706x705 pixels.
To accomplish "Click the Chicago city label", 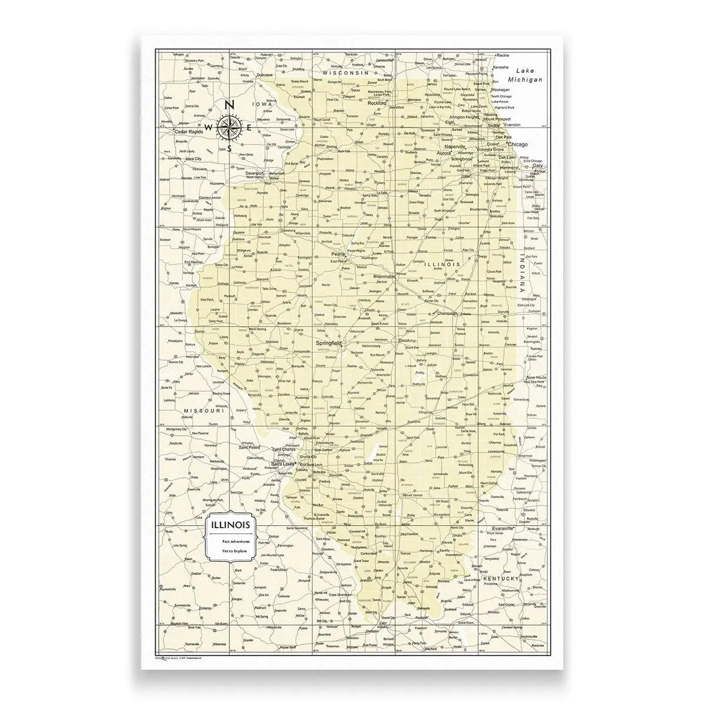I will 517,144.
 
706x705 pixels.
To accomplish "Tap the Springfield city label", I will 328,342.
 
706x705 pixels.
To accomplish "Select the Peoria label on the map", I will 338,254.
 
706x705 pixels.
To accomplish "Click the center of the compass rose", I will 228,126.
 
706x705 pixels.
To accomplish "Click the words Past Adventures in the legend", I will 235,540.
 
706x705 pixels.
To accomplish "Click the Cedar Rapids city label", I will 188,132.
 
